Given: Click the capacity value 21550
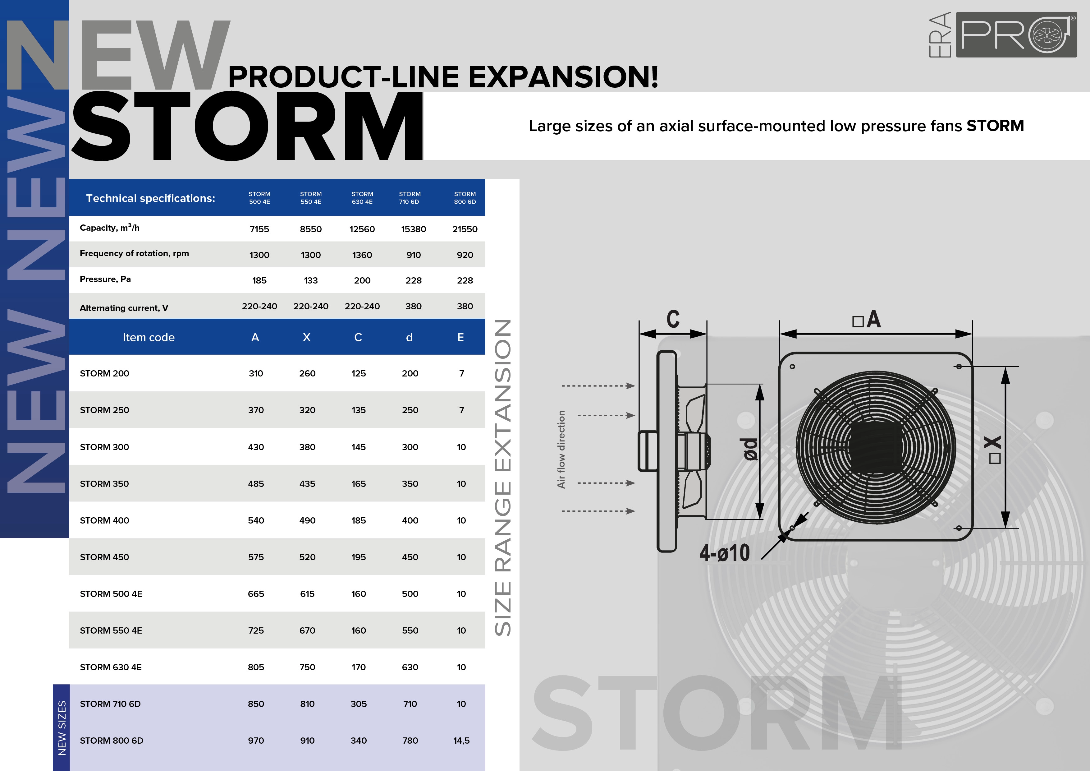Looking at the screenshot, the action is [x=465, y=229].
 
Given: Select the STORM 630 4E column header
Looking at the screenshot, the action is [x=362, y=198].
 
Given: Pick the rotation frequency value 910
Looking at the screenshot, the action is [x=414, y=255].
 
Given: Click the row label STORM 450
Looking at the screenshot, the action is [x=104, y=557].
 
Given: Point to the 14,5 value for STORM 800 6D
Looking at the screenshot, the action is [x=461, y=741].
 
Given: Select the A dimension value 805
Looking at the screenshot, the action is [x=256, y=667].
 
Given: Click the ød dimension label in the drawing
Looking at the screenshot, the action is [x=750, y=450].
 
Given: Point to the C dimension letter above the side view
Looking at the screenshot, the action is [x=673, y=319].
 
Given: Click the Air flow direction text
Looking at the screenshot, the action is [x=561, y=450].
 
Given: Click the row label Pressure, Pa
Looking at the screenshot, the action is [x=105, y=279].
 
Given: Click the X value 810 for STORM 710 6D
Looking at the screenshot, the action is [x=307, y=704].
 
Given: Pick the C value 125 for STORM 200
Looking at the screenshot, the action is [x=359, y=373].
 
